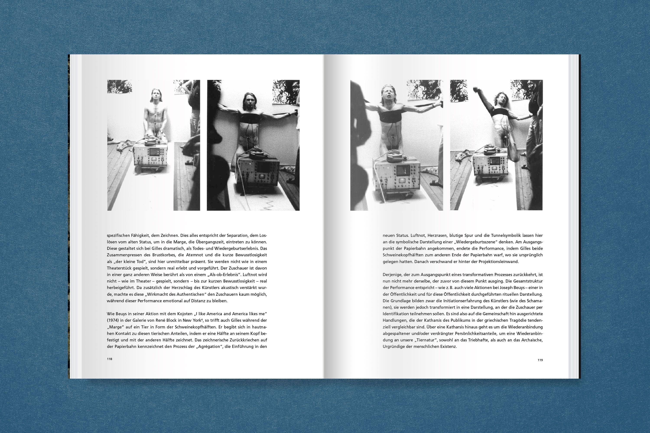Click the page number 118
coord(109,359)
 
